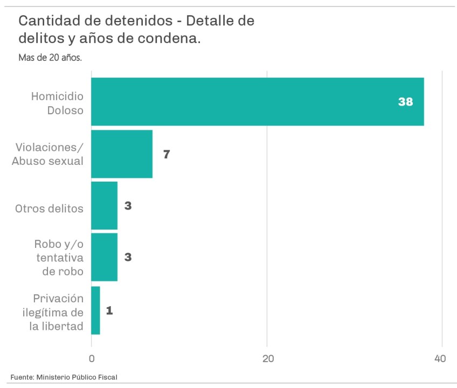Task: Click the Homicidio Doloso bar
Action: pos(257,102)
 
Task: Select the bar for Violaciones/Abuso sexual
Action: pos(122,154)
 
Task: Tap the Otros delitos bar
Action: pos(104,206)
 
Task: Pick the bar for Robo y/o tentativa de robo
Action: pos(104,257)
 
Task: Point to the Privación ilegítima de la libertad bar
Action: pos(95,310)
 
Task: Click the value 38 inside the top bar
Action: pos(405,102)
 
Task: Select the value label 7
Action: pos(167,155)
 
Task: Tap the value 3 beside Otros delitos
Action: pos(128,206)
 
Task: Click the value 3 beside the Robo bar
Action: pos(128,257)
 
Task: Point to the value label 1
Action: pos(109,310)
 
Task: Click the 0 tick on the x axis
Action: pos(92,358)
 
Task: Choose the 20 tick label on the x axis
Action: pos(267,358)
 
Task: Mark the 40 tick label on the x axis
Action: pos(440,358)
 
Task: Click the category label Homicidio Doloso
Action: pos(57,102)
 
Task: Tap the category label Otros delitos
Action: pos(50,208)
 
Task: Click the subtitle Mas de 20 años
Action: pos(50,57)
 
